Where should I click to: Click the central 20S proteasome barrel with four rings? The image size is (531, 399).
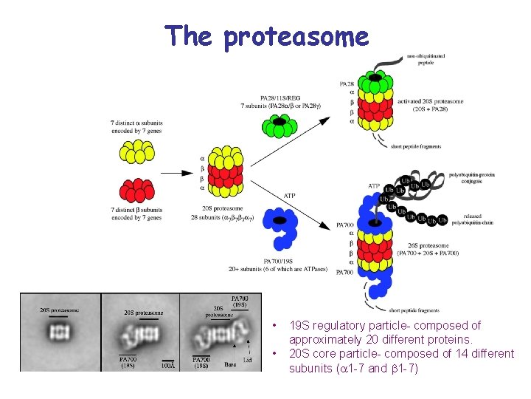click(226, 171)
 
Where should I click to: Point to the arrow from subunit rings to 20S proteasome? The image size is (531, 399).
click(178, 173)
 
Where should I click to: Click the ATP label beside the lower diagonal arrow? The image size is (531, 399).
click(290, 196)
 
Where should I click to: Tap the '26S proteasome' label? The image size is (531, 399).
click(434, 245)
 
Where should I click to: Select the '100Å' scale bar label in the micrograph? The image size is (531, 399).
click(169, 364)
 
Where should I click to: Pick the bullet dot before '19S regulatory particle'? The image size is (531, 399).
click(274, 326)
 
